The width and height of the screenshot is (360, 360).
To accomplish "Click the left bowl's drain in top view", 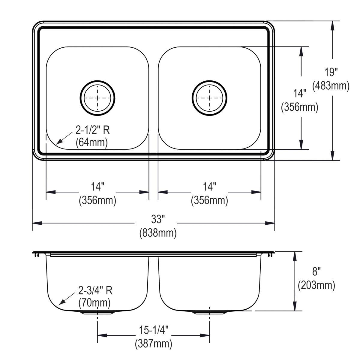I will pos(97,97).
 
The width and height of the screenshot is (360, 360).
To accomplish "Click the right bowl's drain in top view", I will pos(209,97).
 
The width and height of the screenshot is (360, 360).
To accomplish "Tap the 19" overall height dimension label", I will pos(331,72).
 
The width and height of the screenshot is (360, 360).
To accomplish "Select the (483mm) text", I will pos(331,86).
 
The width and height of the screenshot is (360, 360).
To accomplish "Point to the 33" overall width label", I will pos(158,219).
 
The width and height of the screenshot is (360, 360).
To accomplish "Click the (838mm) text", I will pos(158,233).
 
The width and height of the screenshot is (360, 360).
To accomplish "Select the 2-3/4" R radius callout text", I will pos(95,290).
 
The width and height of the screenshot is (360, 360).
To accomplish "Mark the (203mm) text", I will pos(316,285).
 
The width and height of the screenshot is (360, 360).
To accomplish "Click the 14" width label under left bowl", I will pos(97,187).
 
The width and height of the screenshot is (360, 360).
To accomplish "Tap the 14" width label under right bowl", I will pos(209,187).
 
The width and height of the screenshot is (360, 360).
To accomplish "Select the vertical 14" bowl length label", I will pos(299,94).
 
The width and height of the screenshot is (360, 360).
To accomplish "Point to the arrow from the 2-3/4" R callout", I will pos(66,300).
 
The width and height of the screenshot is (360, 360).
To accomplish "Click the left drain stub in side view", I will pos(97,313).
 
